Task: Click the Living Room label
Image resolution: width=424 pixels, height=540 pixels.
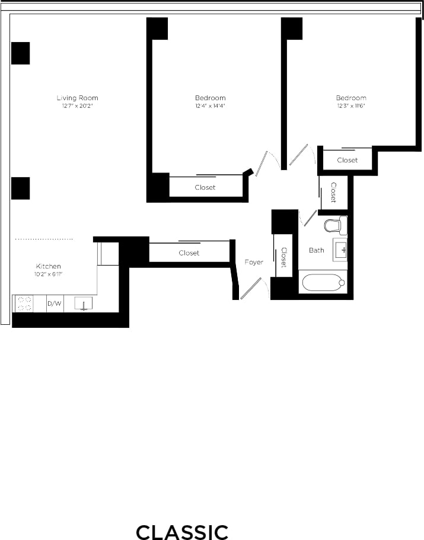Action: point(77,98)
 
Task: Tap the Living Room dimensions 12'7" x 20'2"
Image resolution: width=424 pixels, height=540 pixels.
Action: point(77,106)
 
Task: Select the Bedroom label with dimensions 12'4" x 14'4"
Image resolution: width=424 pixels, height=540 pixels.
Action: point(210,98)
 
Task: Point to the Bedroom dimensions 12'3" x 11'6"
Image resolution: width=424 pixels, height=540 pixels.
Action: point(350,106)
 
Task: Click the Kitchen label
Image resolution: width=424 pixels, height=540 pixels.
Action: point(48,266)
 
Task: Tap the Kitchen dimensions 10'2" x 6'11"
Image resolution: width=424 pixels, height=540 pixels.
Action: point(48,274)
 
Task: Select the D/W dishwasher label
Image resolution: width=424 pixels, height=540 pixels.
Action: point(54,304)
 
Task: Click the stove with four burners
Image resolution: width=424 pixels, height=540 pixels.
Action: point(24,303)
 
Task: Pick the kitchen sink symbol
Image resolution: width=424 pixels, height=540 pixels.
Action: point(84,304)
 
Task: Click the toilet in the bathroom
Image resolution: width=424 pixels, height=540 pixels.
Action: point(335,225)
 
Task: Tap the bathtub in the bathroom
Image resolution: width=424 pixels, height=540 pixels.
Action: point(323,282)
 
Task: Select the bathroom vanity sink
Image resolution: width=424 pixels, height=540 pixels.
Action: point(341,250)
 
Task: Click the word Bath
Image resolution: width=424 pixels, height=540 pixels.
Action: point(317,250)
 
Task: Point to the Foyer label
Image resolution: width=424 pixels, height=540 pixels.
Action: point(254,262)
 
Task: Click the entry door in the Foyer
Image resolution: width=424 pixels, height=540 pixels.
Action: point(251,289)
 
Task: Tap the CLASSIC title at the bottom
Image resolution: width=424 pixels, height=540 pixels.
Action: point(182,532)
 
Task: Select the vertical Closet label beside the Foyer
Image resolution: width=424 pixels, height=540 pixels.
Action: point(284,257)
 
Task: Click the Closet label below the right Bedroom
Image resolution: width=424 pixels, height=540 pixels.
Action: point(348,160)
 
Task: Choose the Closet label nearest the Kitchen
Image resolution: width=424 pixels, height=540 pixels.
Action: point(189,253)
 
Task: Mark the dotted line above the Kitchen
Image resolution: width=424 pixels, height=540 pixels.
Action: point(44,239)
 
